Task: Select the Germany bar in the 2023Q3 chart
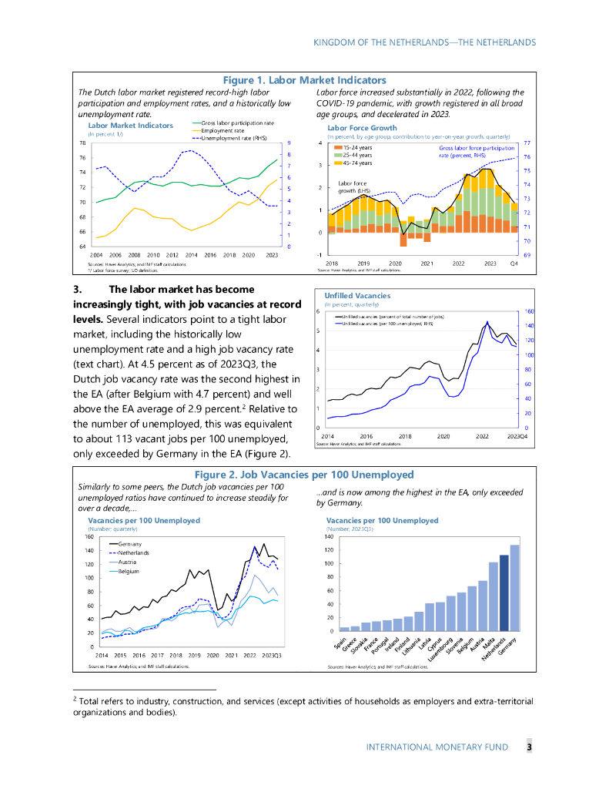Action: (515, 588)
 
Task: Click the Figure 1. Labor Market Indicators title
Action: (304, 80)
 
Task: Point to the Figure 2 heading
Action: (304, 474)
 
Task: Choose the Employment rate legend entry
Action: (223, 131)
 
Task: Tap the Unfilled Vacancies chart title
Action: (357, 295)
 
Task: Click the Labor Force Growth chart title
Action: (362, 128)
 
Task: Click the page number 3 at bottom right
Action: (529, 747)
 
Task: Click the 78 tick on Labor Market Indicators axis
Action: (82, 143)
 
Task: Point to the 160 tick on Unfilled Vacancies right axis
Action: (529, 312)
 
